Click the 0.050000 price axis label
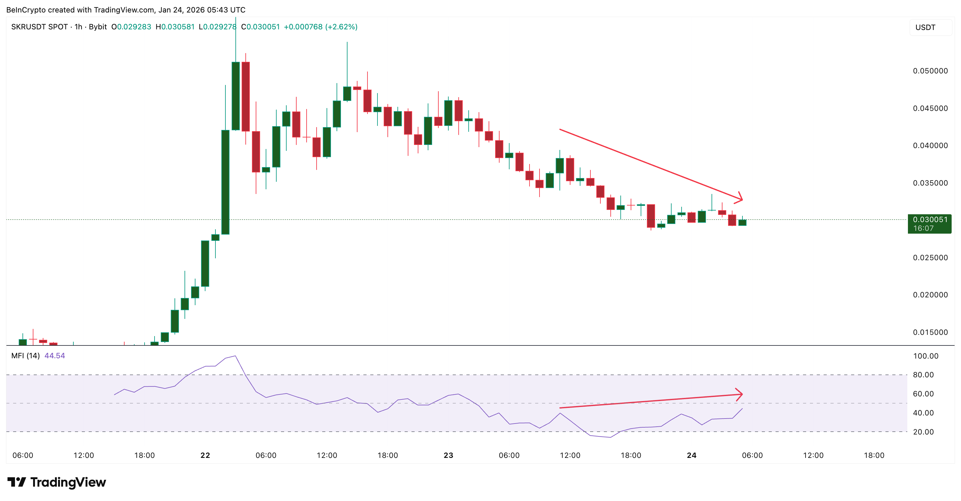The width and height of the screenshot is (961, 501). [x=930, y=71]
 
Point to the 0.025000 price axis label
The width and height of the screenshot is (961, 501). [x=930, y=258]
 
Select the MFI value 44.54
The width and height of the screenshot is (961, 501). [x=54, y=356]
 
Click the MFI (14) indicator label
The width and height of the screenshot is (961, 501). [x=25, y=356]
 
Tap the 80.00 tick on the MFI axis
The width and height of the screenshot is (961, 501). [x=923, y=375]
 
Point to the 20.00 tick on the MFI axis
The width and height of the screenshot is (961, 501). [x=923, y=432]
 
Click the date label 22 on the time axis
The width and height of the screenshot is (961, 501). [x=205, y=455]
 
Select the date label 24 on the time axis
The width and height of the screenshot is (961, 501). [x=692, y=455]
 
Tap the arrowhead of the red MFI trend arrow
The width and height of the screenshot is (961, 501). [x=739, y=394]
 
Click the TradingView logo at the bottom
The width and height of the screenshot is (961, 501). [x=57, y=482]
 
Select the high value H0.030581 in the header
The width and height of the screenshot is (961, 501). [x=175, y=27]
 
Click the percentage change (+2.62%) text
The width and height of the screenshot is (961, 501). [x=341, y=27]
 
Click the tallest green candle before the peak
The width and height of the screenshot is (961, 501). [x=225, y=182]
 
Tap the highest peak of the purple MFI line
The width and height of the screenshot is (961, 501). [x=235, y=356]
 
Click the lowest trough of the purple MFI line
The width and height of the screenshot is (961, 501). [x=610, y=437]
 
